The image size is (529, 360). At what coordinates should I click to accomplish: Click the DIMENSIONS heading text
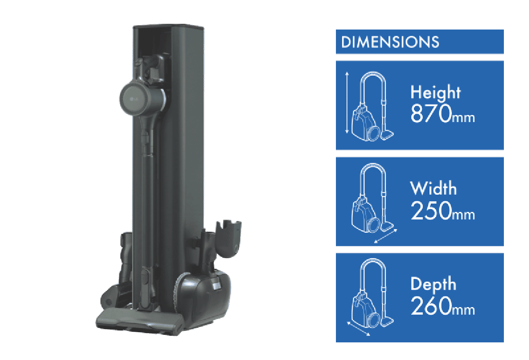[390, 42]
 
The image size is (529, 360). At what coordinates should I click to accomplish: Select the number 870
[431, 114]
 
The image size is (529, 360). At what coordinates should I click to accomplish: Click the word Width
[433, 188]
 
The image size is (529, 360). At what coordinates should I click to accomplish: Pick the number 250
[431, 210]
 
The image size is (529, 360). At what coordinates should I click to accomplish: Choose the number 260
[431, 306]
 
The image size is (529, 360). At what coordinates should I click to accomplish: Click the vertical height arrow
[347, 103]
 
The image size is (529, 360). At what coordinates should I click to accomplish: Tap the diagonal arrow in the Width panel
[386, 236]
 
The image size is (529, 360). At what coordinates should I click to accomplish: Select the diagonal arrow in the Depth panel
[358, 329]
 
